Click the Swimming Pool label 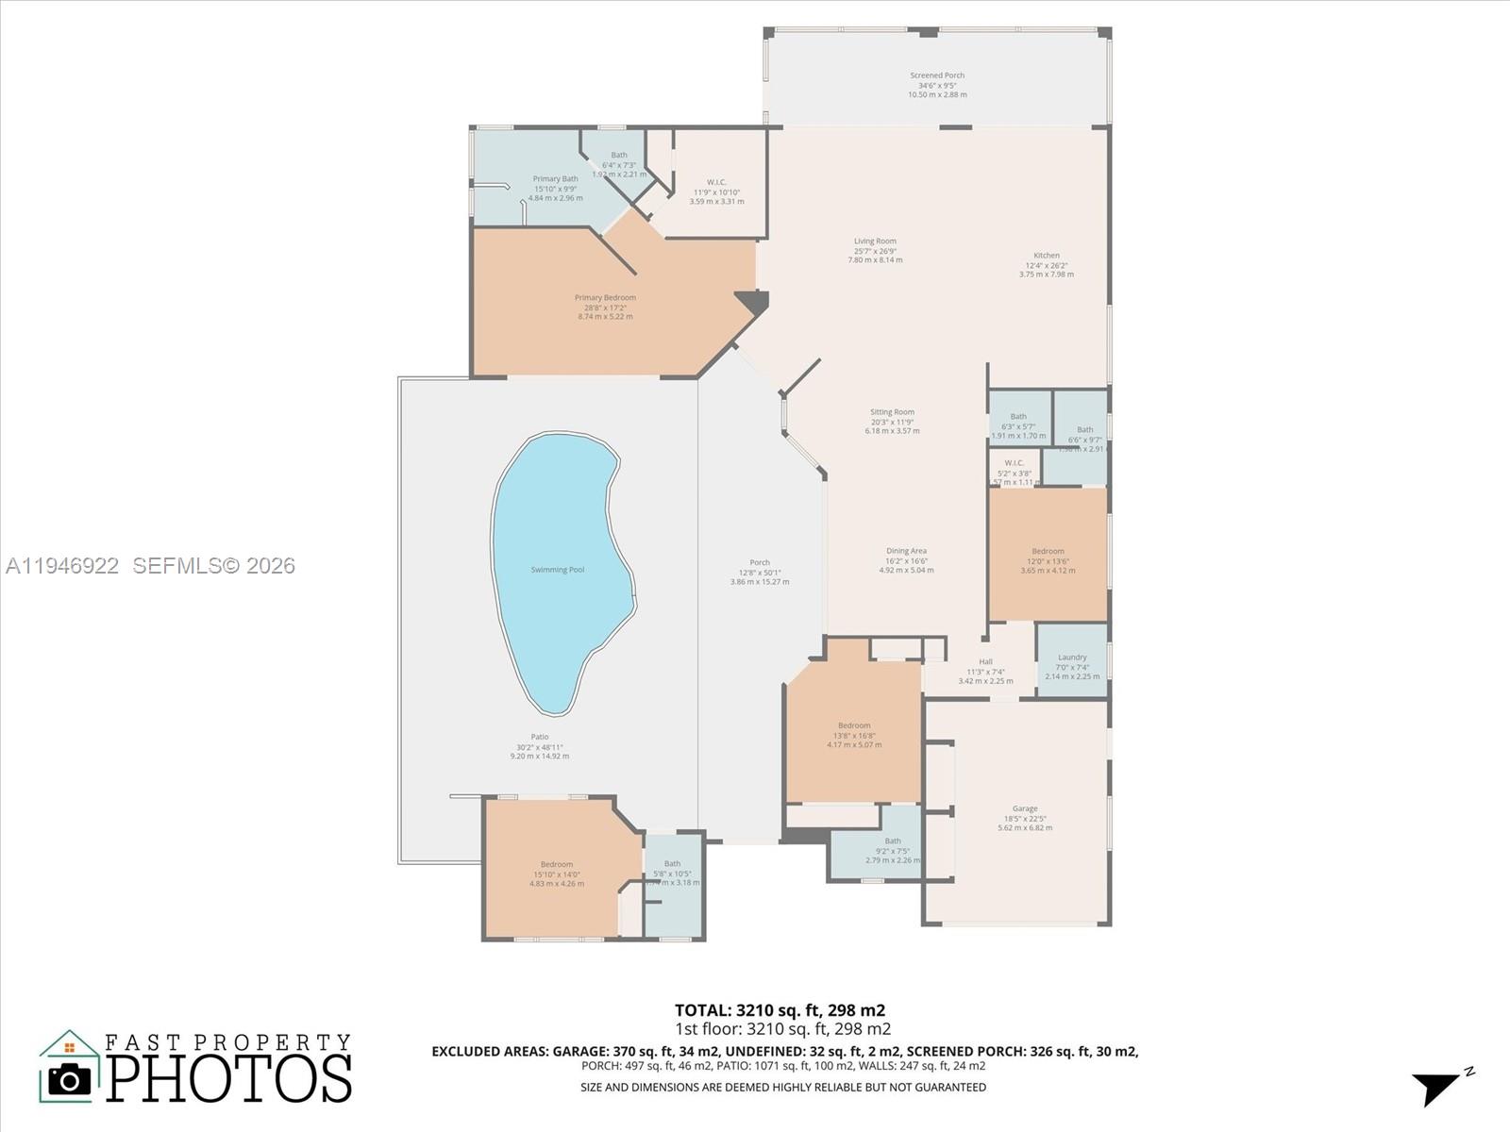tap(557, 570)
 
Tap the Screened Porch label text tap(937, 75)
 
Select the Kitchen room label tap(1046, 256)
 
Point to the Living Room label tap(875, 241)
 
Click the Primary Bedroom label tap(605, 298)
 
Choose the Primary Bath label tap(555, 179)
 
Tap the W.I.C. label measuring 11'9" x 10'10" tap(716, 183)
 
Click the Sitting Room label tap(892, 412)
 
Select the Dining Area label tap(906, 551)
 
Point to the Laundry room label tap(1072, 658)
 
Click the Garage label tap(1025, 808)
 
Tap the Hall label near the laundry tap(985, 662)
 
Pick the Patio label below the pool tap(539, 737)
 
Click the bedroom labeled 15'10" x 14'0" tap(556, 864)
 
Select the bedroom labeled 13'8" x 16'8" tap(854, 725)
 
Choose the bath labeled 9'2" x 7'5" tap(892, 841)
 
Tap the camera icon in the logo tap(69, 1079)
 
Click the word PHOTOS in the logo tap(228, 1078)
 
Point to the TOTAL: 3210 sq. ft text tap(780, 1010)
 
